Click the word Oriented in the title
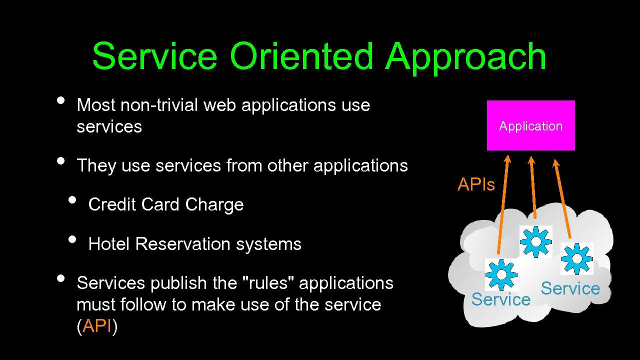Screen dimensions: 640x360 tap(301, 56)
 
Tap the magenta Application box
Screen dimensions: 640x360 tap(530, 125)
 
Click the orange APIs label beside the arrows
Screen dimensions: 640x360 tap(476, 185)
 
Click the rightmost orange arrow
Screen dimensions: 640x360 tap(563, 197)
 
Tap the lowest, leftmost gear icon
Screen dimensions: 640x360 tap(501, 274)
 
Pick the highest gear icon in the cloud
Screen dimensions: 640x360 tap(535, 242)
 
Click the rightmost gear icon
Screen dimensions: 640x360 tap(576, 258)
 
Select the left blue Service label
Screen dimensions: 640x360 tap(500, 299)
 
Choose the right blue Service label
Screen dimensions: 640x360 tap(570, 288)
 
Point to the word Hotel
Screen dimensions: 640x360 tap(109, 244)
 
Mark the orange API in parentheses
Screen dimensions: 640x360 tap(97, 326)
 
